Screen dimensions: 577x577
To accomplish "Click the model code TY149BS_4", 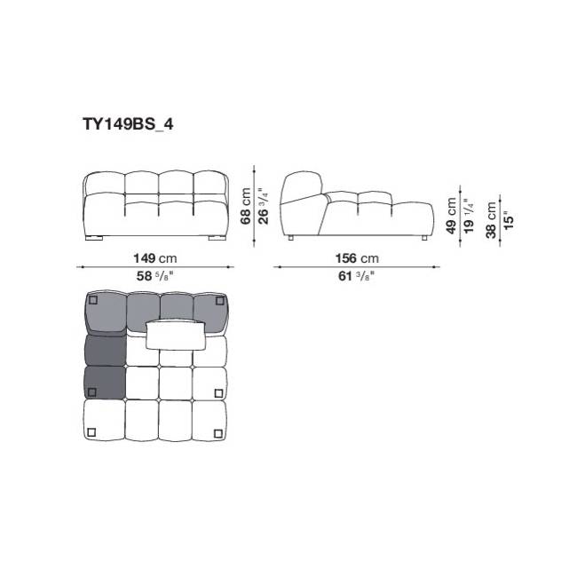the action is point(128,124).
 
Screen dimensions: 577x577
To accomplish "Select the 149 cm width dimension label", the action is point(155,258).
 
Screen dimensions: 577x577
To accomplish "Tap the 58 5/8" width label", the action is point(154,276).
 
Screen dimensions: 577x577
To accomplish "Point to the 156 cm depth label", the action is point(357,258).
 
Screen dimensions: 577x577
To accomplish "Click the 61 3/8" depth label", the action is point(356,276).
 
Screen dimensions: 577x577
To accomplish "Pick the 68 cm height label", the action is point(245,206).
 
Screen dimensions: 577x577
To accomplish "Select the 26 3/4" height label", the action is point(263,206).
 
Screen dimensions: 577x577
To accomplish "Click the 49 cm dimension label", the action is point(451,216).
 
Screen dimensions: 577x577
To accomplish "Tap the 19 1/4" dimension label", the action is point(469,216).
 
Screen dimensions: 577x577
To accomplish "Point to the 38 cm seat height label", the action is point(491,220).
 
